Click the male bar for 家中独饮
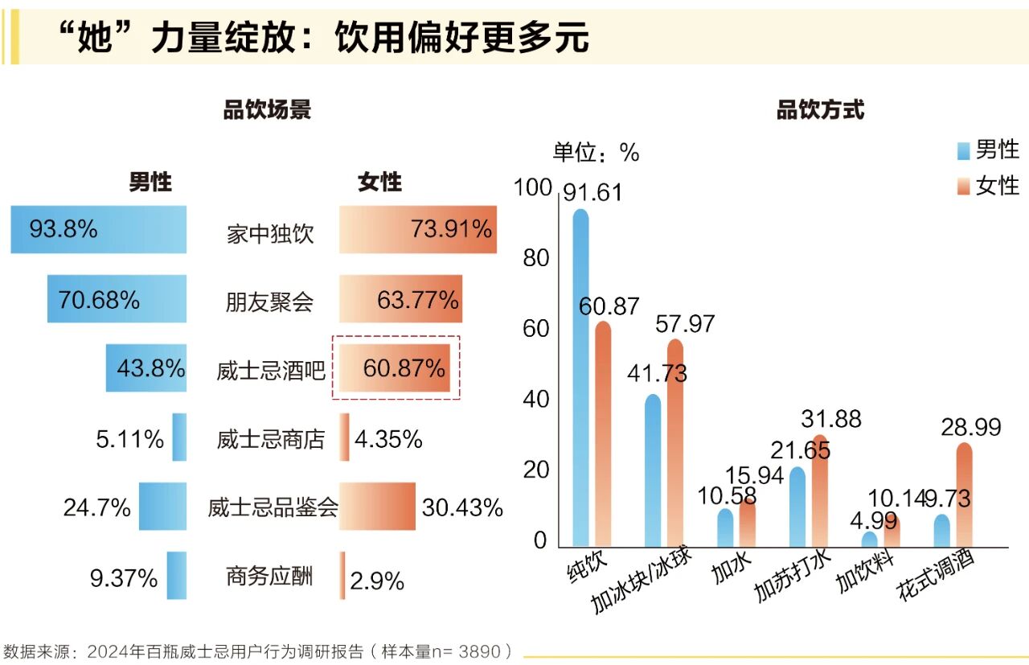click(x=98, y=229)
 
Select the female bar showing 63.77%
click(x=400, y=299)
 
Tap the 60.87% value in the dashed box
click(x=404, y=368)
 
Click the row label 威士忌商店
click(x=271, y=440)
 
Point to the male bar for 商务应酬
click(x=177, y=575)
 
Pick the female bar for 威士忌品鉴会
click(x=377, y=507)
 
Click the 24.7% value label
click(x=96, y=507)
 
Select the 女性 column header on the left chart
click(x=379, y=183)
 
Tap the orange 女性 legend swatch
click(x=964, y=187)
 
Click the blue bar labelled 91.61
click(x=580, y=378)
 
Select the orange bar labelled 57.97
click(x=675, y=442)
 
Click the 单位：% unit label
click(x=595, y=152)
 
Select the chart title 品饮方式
click(x=820, y=110)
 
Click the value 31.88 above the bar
click(x=831, y=419)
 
